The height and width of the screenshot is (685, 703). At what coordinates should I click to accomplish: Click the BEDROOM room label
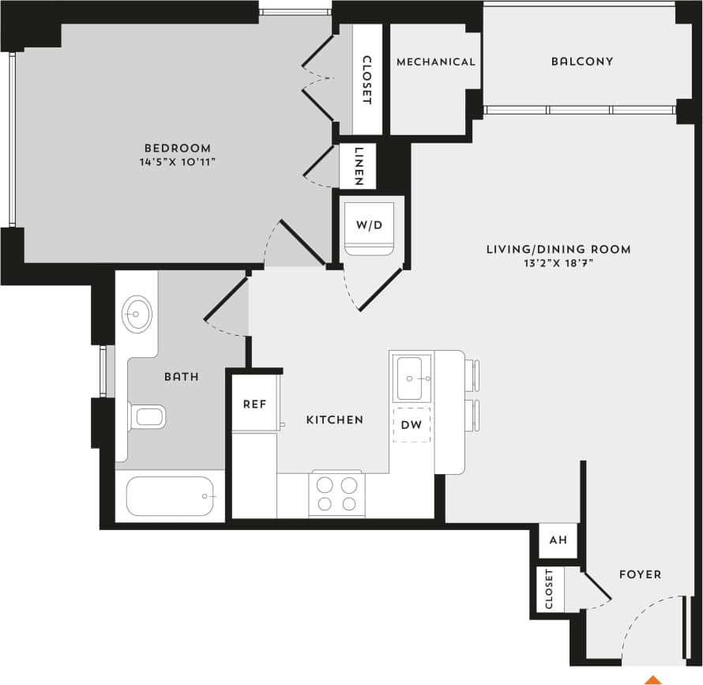pos(177,148)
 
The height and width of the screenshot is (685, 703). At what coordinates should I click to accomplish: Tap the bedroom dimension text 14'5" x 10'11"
pos(177,162)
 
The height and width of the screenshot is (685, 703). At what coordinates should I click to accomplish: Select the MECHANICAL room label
pos(436,62)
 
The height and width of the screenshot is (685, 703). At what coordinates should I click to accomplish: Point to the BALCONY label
pos(582,62)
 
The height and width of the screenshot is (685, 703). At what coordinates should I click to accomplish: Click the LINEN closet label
pos(359,166)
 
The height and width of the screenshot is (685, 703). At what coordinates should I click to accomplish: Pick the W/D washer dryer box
pos(369,226)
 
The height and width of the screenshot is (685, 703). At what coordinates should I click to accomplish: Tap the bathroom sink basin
pos(137,314)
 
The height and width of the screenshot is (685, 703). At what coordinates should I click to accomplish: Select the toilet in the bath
pos(148,416)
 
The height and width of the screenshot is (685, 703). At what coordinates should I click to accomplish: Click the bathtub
pos(169,496)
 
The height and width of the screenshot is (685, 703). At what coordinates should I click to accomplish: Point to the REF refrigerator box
pos(254,405)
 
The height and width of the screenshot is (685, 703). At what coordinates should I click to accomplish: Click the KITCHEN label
pos(335,420)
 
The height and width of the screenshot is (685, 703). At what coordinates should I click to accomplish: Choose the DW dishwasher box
pos(412,425)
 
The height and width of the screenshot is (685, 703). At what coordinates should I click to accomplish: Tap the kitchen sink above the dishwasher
pos(413,378)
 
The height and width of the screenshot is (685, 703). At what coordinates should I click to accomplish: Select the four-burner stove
pos(337,495)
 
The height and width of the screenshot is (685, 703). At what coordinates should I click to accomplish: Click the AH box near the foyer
pos(558,541)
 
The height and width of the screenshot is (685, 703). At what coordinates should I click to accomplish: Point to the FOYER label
pos(640,574)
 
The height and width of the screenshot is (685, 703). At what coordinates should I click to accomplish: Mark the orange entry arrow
pos(653,679)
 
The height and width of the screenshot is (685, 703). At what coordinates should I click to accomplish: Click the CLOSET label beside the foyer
pos(549,589)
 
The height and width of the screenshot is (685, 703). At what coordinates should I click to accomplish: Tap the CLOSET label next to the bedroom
pos(367,80)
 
